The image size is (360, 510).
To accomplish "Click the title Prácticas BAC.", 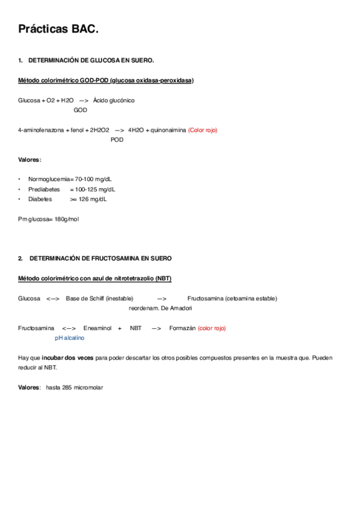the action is pos(58,29).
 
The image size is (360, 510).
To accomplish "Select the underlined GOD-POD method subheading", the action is pos(106,81).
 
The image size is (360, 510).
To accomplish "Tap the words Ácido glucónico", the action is pos(114,100).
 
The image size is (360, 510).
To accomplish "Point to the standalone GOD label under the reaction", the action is pos(80,110).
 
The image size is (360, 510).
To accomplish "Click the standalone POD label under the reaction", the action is pos(117,140).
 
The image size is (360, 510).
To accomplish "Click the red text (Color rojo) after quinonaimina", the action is pos(203,130).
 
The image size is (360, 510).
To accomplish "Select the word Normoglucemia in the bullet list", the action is pos(49,179).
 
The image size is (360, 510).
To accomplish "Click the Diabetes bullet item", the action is pos(40,198).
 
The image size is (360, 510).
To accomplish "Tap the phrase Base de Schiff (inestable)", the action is pos(100,298).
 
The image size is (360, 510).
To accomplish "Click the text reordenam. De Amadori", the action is pos(160,308).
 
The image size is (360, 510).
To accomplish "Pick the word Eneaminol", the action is pos(97,328).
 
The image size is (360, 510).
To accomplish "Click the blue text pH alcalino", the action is pos(70,338).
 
